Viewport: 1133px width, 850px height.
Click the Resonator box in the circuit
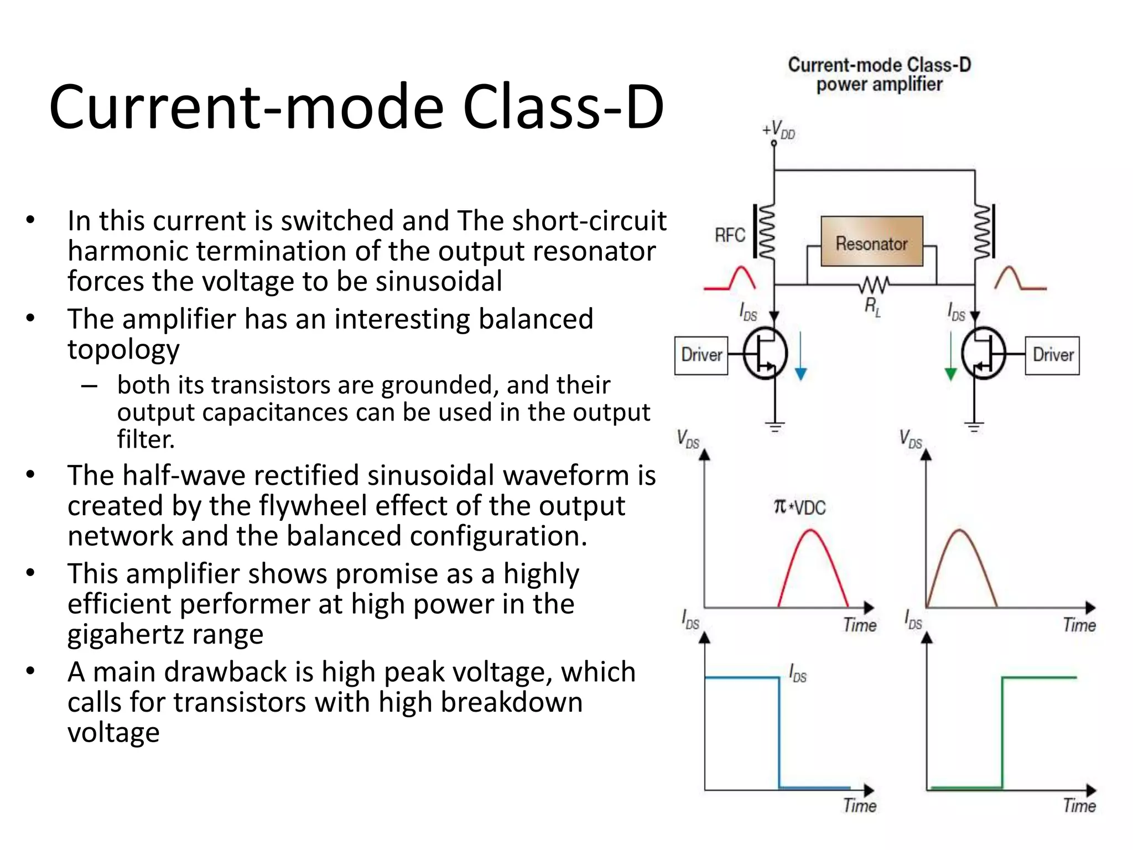pyautogui.click(x=871, y=242)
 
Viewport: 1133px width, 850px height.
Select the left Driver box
pyautogui.click(x=701, y=355)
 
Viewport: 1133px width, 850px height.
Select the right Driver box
pyautogui.click(x=1052, y=355)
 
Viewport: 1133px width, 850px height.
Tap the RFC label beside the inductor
pyautogui.click(x=730, y=235)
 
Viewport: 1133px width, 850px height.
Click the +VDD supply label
pyautogui.click(x=779, y=130)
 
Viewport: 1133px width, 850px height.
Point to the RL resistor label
pyautogui.click(x=872, y=306)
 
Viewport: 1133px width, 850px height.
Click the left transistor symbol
pyautogui.click(x=765, y=354)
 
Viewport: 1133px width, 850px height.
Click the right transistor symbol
pyautogui.click(x=983, y=354)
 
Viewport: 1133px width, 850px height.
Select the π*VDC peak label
pyautogui.click(x=799, y=507)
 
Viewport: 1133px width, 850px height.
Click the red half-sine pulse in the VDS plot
pyautogui.click(x=812, y=564)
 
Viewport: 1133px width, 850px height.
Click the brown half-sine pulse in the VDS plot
pyautogui.click(x=961, y=564)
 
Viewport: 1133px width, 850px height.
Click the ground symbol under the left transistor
pyautogui.click(x=775, y=427)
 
